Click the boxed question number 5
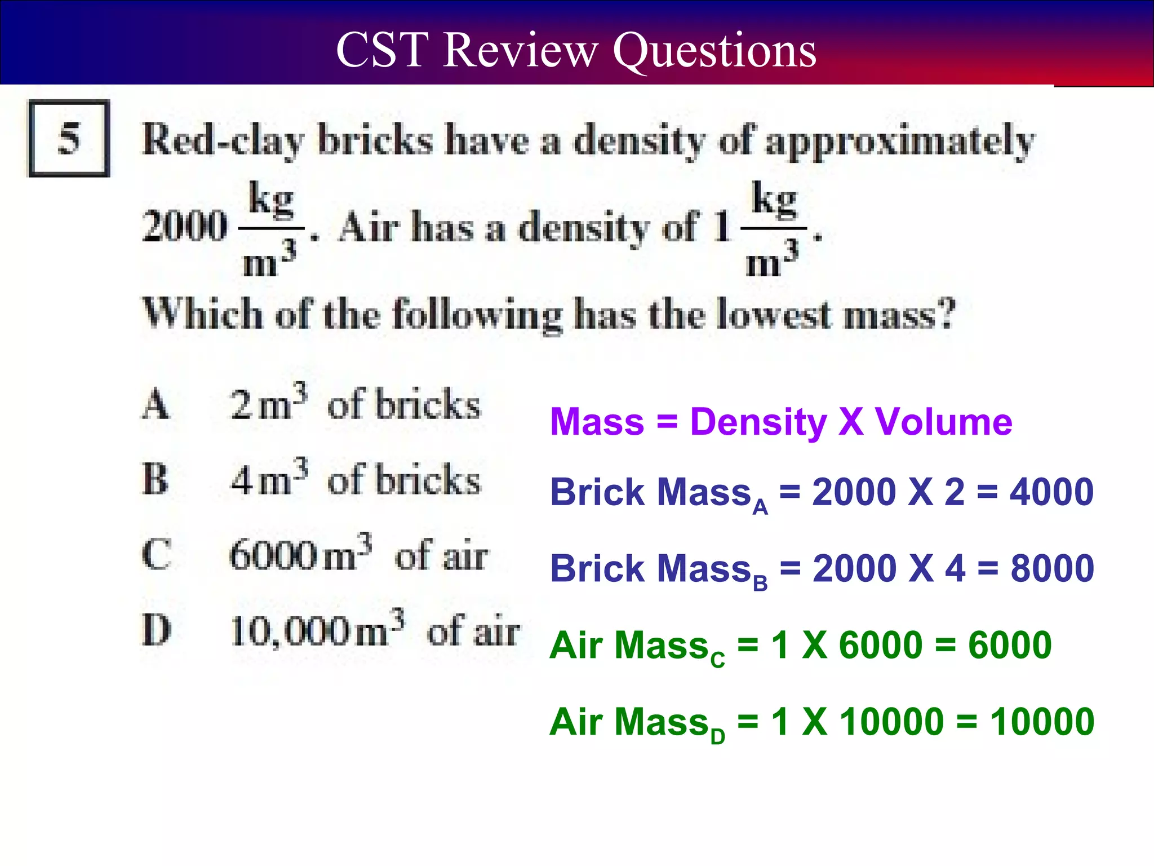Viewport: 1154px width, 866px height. (x=69, y=139)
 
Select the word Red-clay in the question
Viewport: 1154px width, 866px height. (x=223, y=140)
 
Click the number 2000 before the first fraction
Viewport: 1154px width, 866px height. (x=185, y=227)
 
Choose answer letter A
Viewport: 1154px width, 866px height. (x=156, y=405)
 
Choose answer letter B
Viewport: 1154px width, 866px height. (x=156, y=480)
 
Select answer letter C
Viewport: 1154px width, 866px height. (x=156, y=555)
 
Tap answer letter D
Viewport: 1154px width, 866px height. (x=156, y=630)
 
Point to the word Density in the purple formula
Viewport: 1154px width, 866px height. (x=758, y=422)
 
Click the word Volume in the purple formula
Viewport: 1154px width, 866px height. (x=943, y=422)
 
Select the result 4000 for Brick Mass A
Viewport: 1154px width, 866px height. (x=1051, y=492)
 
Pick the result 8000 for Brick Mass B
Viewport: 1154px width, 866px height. (x=1052, y=568)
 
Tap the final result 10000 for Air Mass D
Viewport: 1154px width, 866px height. (x=1042, y=722)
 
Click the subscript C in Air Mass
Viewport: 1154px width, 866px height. (x=717, y=659)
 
